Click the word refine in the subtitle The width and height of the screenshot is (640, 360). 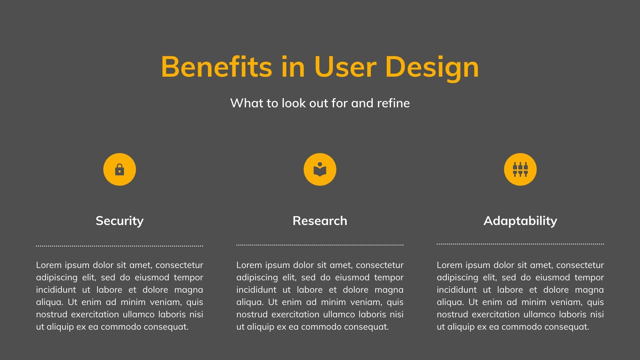[x=393, y=103]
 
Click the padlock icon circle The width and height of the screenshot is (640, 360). [x=120, y=169]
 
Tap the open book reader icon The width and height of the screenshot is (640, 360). [x=320, y=169]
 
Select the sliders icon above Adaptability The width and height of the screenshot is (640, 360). [x=520, y=169]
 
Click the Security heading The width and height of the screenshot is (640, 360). [x=120, y=221]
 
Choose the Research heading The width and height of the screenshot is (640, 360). [x=320, y=221]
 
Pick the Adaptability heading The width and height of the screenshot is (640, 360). [x=520, y=221]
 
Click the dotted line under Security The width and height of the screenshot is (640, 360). [x=120, y=246]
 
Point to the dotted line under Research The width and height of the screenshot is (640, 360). [x=320, y=245]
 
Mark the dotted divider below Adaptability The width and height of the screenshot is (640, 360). [x=520, y=244]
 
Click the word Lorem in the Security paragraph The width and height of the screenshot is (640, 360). [x=49, y=265]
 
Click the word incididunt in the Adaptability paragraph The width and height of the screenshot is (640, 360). [x=457, y=290]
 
